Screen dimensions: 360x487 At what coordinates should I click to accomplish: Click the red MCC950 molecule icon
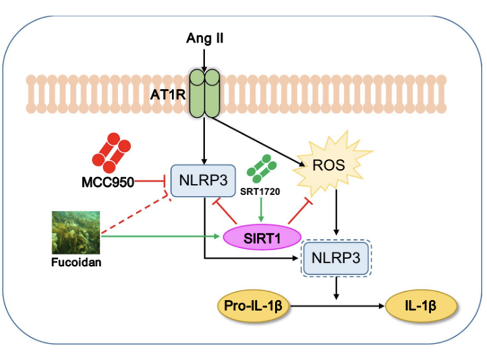point(111,151)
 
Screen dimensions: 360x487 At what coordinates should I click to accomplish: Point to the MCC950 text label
point(106,180)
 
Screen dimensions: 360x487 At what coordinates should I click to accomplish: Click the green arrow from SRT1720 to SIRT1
point(261,210)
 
